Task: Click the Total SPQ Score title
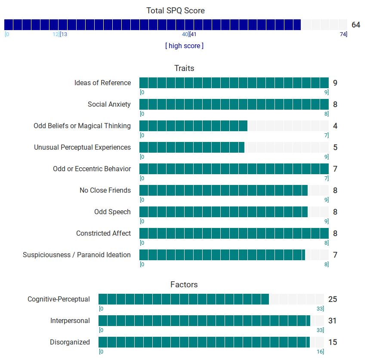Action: (x=176, y=10)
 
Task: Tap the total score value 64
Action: (x=356, y=25)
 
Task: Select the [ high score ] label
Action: (x=184, y=46)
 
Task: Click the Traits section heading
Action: (x=184, y=68)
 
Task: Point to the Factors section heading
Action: (x=184, y=284)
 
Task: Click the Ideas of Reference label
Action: (x=102, y=83)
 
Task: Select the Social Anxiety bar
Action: (x=234, y=104)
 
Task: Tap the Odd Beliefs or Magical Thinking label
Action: (x=82, y=126)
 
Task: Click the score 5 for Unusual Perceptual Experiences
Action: (x=335, y=148)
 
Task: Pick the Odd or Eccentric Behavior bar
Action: (x=234, y=169)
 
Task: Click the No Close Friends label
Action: (x=105, y=190)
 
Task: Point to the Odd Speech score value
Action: (x=335, y=212)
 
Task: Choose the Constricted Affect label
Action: (x=103, y=233)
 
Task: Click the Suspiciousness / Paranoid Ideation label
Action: (x=77, y=255)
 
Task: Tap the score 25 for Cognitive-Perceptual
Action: (x=333, y=299)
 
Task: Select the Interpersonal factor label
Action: (x=70, y=320)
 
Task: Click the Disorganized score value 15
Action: (x=333, y=342)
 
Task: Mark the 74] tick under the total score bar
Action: (x=343, y=34)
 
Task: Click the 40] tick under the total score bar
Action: (x=185, y=34)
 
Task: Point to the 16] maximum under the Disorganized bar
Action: (x=321, y=351)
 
